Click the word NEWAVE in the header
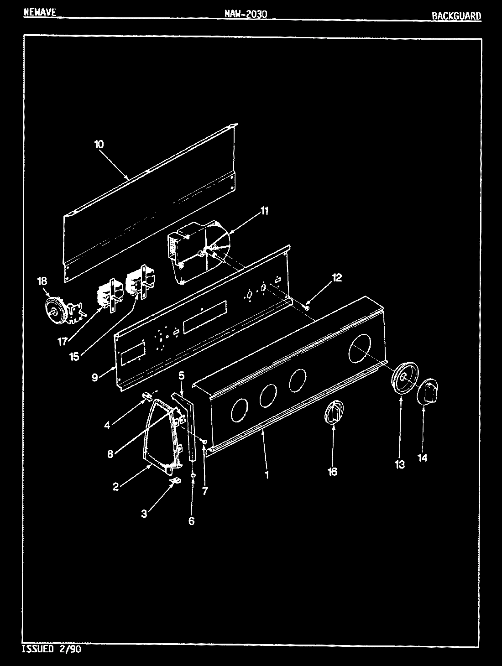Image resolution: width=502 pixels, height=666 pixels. tap(40, 12)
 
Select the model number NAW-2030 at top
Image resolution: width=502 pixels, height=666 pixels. tap(245, 14)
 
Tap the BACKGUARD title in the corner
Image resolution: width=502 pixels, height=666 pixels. tap(456, 16)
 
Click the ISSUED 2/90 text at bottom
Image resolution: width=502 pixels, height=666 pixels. tap(52, 649)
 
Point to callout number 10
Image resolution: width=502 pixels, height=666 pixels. tap(99, 145)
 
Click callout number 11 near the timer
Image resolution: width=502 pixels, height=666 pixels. tap(265, 211)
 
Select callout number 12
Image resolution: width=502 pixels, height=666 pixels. tap(336, 277)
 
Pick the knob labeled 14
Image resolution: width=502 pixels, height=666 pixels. tap(428, 391)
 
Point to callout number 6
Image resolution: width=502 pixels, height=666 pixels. tap(191, 520)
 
